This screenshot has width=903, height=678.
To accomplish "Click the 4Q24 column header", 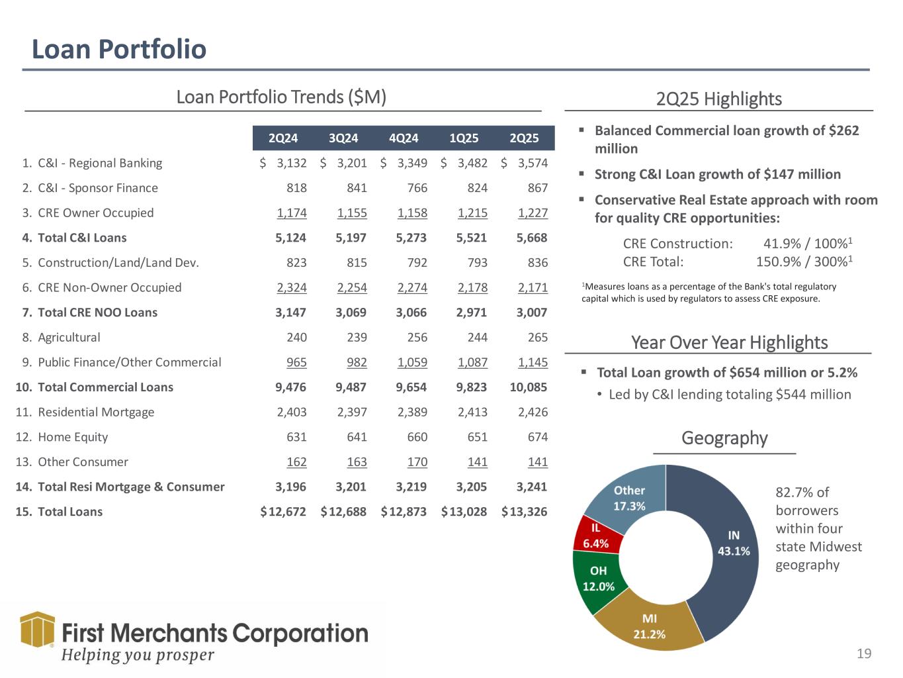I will click(x=404, y=138).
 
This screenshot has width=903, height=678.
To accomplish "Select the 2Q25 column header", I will click(x=524, y=138).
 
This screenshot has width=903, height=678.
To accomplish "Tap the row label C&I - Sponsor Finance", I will click(x=98, y=188).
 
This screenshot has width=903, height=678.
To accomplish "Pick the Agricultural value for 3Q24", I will click(x=357, y=338).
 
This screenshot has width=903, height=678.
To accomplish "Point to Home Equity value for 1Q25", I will click(x=477, y=437).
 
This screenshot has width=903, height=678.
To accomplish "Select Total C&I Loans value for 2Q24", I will click(x=291, y=238).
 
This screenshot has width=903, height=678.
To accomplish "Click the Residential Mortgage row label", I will click(x=96, y=412).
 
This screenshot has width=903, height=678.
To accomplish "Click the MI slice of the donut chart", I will click(x=649, y=626).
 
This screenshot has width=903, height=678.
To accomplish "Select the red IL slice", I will click(x=596, y=536).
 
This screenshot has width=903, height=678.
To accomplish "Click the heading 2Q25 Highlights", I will click(x=718, y=99).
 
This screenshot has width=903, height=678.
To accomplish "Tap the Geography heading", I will click(x=724, y=438).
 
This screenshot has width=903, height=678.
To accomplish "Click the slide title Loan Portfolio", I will click(x=119, y=49).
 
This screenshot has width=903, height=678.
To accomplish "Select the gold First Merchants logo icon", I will click(x=38, y=629).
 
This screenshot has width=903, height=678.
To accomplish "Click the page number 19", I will click(x=864, y=654).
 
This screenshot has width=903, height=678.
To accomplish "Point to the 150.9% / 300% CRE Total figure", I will click(x=803, y=262).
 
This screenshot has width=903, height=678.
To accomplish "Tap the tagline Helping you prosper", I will click(x=138, y=655).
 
